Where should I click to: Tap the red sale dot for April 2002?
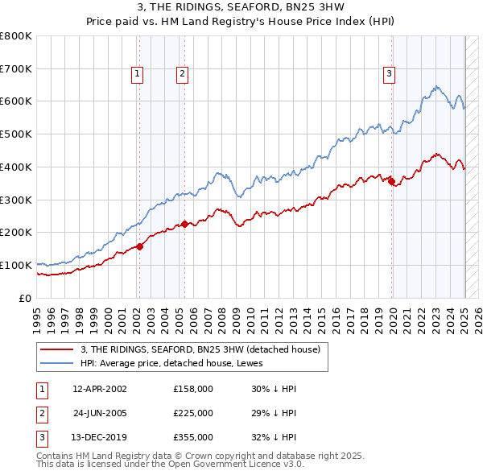(139, 246)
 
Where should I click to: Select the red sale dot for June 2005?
(184, 224)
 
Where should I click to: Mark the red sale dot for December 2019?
(392, 182)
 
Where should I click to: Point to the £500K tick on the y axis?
(18, 134)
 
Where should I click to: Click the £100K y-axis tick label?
(18, 265)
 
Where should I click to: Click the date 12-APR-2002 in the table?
(99, 389)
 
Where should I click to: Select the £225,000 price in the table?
(193, 413)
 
